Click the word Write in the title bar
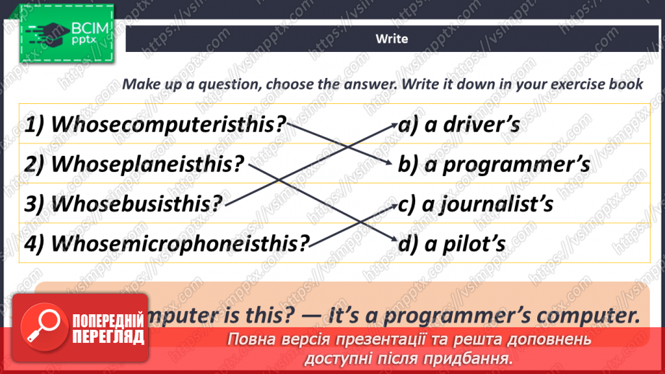(391, 39)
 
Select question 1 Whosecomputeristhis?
(155, 124)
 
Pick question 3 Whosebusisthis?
(123, 203)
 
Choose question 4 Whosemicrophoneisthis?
(166, 243)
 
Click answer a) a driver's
(458, 124)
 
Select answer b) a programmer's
(494, 164)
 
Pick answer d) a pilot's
(452, 243)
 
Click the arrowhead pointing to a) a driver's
(391, 124)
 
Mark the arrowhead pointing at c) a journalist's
(391, 204)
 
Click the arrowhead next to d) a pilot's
(391, 243)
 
